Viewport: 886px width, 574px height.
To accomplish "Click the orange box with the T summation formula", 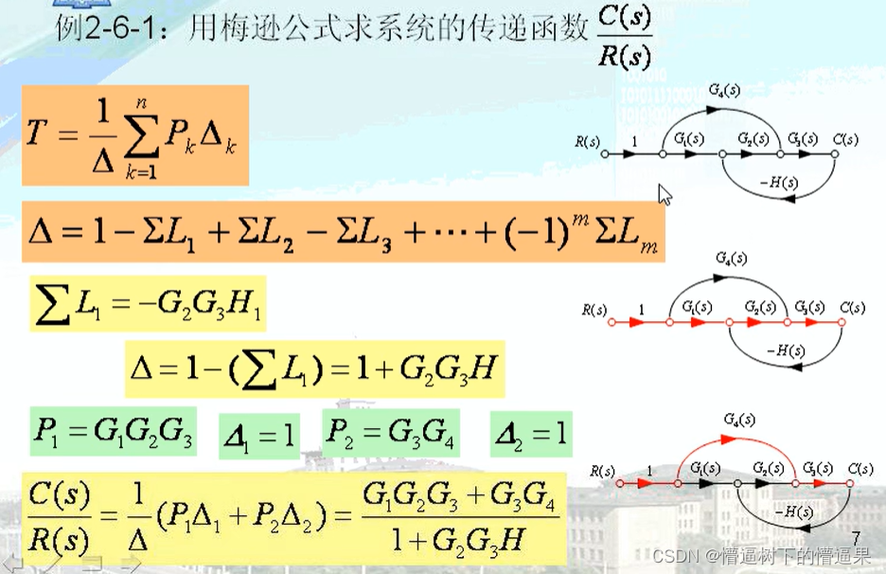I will (x=134, y=135).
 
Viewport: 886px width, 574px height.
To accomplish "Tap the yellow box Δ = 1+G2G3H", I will (x=314, y=368).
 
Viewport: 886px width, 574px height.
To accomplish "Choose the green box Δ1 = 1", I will (x=259, y=436).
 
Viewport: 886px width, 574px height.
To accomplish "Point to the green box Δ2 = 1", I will (x=531, y=435).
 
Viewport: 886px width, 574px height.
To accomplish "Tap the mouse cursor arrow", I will (x=664, y=194).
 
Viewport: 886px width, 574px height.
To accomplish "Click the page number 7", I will (x=857, y=537).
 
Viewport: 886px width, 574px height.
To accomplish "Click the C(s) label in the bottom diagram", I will (x=860, y=470).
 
